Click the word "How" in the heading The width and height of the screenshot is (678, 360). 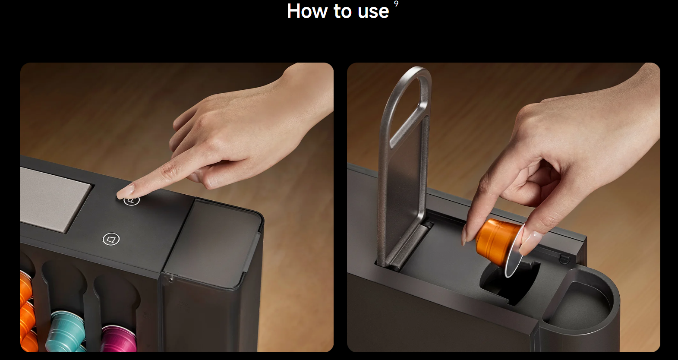click(x=307, y=11)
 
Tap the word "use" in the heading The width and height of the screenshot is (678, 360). click(x=373, y=12)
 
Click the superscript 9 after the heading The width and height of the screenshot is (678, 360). click(x=396, y=3)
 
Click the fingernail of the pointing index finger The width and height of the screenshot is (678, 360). click(x=126, y=191)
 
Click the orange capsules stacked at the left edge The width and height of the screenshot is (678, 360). click(x=27, y=312)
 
